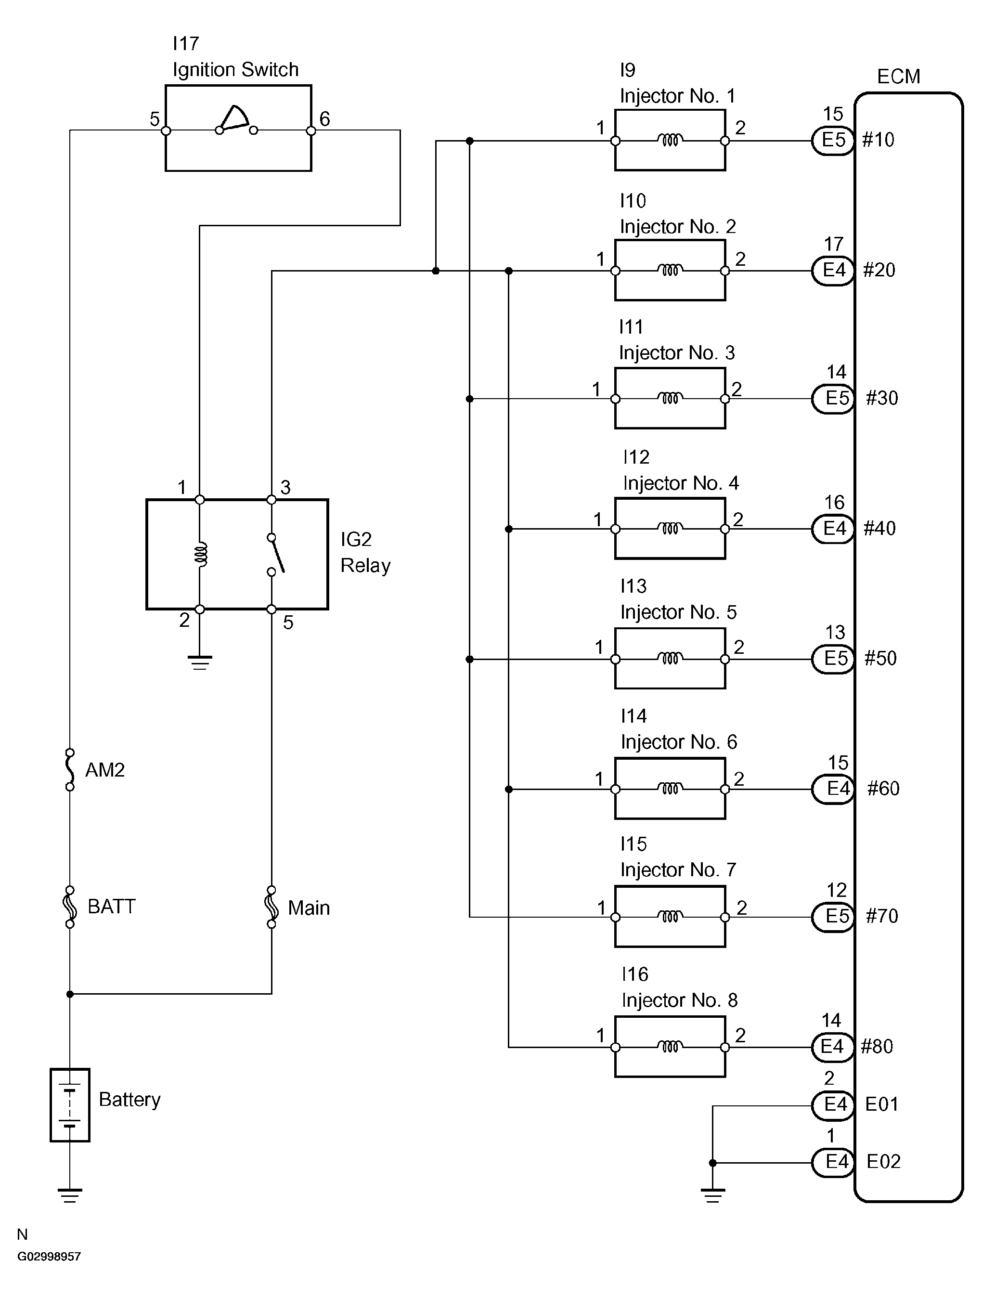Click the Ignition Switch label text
tap(235, 70)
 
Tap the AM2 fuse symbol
tap(70, 769)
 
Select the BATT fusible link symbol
tap(70, 907)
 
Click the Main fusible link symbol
tap(271, 907)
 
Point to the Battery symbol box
tap(70, 1105)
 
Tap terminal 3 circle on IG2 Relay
tap(271, 500)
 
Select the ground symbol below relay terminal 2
tap(200, 662)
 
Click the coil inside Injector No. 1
tap(670, 140)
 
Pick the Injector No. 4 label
tap(680, 483)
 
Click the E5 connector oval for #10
tap(833, 140)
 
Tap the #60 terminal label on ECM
tap(883, 789)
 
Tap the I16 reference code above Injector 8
tap(634, 974)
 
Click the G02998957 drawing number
tap(49, 1257)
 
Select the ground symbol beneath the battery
tap(70, 1195)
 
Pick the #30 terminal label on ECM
tap(882, 398)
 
